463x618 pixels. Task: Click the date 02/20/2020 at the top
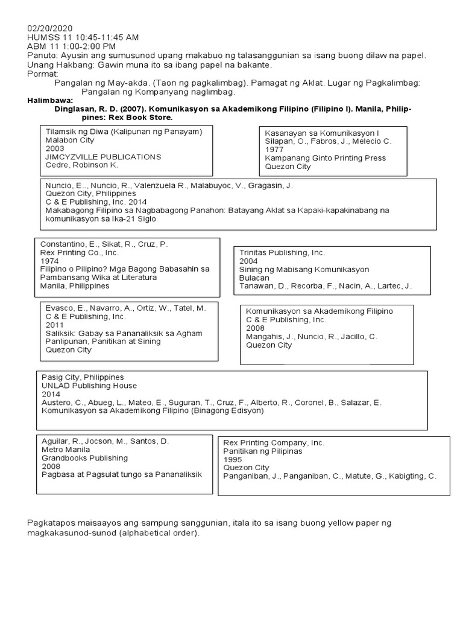click(x=50, y=28)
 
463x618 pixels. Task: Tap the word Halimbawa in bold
click(x=50, y=100)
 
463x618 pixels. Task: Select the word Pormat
click(x=43, y=74)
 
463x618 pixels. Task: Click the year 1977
click(x=274, y=149)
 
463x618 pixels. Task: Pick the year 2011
click(x=54, y=325)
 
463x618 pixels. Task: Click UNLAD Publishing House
click(x=89, y=386)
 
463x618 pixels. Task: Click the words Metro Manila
click(x=66, y=450)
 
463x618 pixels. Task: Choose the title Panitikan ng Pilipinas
click(x=262, y=451)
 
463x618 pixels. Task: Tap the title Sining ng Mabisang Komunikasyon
click(x=304, y=269)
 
